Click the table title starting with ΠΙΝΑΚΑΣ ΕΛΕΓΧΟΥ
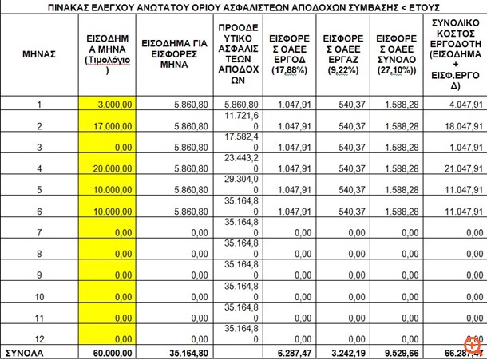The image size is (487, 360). coord(243,6)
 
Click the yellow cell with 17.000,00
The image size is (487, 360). coord(113,126)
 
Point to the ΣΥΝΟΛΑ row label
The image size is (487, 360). coord(26,351)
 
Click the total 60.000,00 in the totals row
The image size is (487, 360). coord(113,351)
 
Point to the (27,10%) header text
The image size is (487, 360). coord(396,72)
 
